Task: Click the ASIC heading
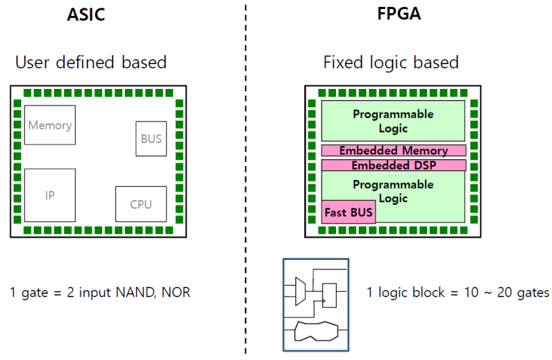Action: point(86,14)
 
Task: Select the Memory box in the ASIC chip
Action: point(50,125)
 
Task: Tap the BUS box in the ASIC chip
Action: point(151,139)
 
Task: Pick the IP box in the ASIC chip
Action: point(50,195)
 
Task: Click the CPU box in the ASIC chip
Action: point(141,204)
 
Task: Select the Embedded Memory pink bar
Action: point(393,150)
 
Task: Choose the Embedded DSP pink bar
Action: point(393,166)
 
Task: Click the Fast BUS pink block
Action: point(348,212)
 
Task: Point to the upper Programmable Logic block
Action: point(393,121)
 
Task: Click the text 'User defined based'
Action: point(91,62)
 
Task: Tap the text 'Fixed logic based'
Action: point(391,62)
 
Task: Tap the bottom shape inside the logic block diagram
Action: point(315,332)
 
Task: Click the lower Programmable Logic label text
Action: point(393,191)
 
